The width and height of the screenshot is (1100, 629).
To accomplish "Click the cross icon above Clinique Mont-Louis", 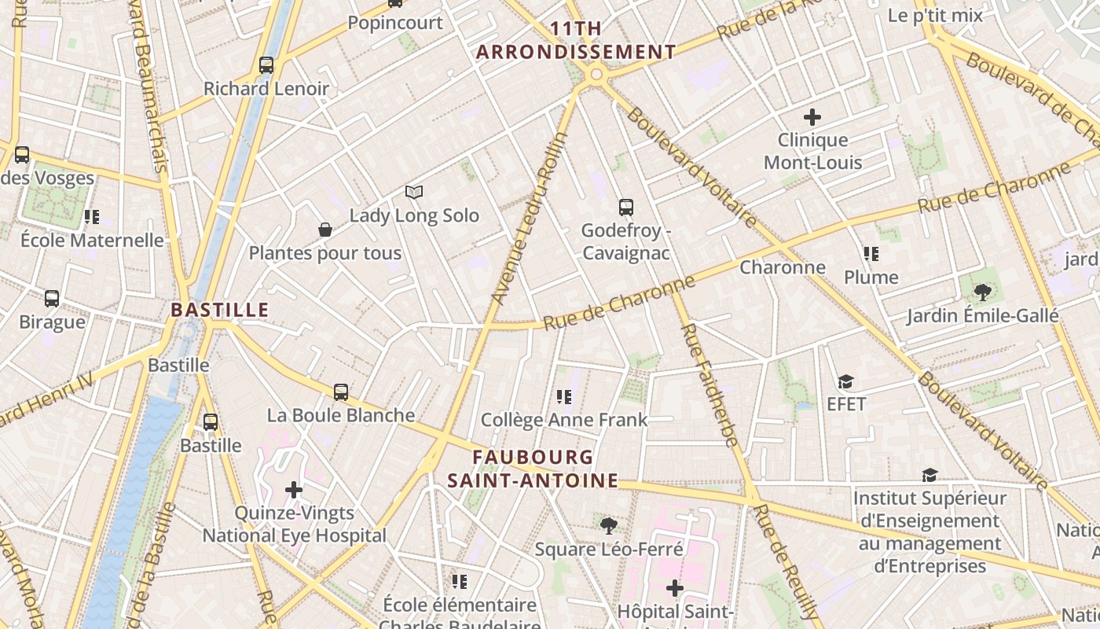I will [x=812, y=117].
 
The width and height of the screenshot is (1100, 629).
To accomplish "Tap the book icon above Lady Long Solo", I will [x=414, y=192].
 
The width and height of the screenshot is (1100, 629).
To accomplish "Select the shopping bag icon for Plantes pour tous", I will [x=324, y=230].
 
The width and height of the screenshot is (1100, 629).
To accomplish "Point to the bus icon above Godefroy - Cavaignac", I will [x=625, y=208].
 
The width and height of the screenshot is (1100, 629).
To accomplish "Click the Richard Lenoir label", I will [x=266, y=88].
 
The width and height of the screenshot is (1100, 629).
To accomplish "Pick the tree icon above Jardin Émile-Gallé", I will [x=982, y=292].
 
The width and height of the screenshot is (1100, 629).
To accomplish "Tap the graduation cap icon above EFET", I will [x=845, y=381].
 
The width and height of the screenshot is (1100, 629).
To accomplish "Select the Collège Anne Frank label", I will [x=564, y=419].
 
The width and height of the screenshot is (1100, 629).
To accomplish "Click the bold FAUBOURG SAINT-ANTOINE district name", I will [x=533, y=469].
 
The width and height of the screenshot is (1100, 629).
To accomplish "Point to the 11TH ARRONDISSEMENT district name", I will [x=576, y=40].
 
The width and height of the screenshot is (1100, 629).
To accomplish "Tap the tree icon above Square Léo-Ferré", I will [x=608, y=525].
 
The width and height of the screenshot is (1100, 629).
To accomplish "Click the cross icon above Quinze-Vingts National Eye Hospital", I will [x=294, y=490].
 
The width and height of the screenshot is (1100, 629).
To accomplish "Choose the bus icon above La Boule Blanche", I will [x=341, y=392].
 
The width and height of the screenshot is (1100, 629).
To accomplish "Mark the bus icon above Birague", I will [x=52, y=299].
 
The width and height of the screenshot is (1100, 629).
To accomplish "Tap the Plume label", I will [x=871, y=277].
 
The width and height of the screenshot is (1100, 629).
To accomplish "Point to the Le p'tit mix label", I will [x=935, y=15].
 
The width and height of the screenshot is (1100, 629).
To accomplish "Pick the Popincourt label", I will [x=395, y=23].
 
